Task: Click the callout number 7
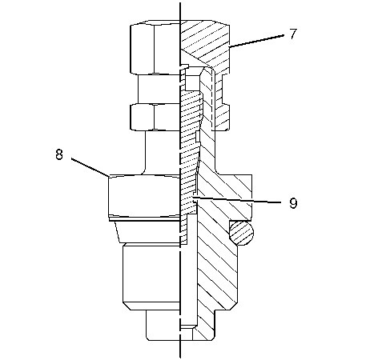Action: coord(293,34)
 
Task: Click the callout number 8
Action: coord(59,154)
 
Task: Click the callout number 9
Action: coord(293,203)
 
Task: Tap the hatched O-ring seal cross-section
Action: coord(241,233)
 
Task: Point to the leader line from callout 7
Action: coord(256,41)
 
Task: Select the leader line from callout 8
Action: coord(90,167)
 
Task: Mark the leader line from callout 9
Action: coord(236,200)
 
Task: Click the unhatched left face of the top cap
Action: coord(155,47)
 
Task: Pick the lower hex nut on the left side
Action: coord(155,118)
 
